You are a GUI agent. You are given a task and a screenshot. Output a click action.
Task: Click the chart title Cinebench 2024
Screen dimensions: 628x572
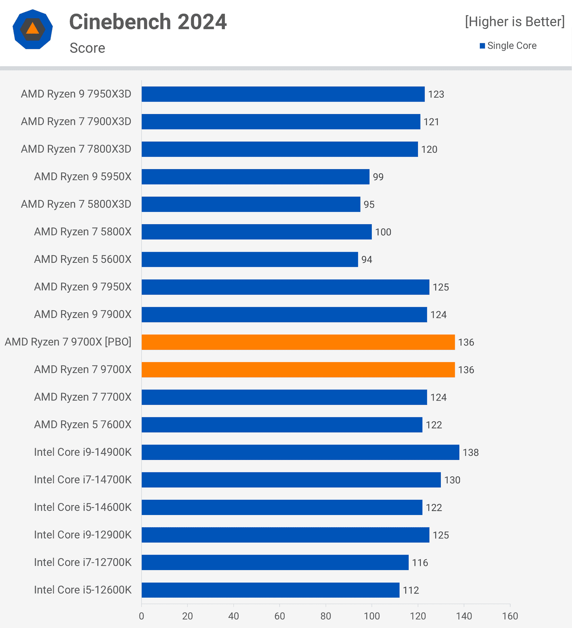click(148, 22)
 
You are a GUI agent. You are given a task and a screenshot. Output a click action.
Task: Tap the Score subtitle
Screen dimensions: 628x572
click(87, 48)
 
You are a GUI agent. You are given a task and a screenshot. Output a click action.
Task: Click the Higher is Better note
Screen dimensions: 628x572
click(514, 22)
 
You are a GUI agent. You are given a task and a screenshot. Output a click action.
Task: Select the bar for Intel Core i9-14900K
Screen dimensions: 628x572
click(300, 452)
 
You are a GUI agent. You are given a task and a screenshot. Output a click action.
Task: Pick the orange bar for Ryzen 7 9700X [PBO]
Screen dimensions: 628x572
click(298, 342)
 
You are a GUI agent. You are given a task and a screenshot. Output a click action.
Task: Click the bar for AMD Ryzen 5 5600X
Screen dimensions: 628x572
click(250, 259)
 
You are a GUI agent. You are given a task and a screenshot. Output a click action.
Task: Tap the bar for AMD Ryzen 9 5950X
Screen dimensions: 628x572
click(255, 177)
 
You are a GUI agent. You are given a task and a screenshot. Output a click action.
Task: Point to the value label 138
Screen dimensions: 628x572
click(470, 452)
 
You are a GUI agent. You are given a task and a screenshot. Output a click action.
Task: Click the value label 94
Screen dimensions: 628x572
click(366, 260)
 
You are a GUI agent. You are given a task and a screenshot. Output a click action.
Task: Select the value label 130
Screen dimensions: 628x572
click(452, 480)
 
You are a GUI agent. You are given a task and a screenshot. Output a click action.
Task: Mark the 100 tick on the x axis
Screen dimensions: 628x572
click(372, 616)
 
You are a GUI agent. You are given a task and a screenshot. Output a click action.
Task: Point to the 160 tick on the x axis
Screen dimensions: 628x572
click(510, 616)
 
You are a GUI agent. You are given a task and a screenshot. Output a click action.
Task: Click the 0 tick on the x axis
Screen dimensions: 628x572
click(142, 616)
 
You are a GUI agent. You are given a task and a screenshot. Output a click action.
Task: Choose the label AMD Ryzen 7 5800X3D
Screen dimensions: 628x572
click(76, 204)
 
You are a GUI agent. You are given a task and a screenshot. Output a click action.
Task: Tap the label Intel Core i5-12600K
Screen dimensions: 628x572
click(83, 590)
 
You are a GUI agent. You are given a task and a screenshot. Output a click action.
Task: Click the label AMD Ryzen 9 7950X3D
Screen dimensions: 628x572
click(76, 94)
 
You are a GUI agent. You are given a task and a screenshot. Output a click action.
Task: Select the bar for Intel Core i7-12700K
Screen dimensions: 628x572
click(275, 562)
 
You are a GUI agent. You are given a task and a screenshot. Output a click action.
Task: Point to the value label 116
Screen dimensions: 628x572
click(420, 563)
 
